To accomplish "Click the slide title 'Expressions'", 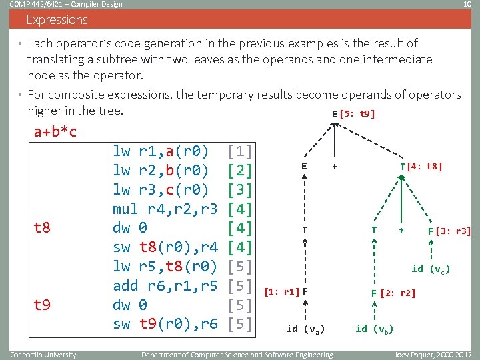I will pyautogui.click(x=57, y=20).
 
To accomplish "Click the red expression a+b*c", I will pyautogui.click(x=55, y=131).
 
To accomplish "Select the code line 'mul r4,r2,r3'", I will pyautogui.click(x=165, y=209).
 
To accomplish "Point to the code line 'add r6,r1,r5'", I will pyautogui.click(x=165, y=285).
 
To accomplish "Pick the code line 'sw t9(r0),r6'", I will pyautogui.click(x=165, y=324).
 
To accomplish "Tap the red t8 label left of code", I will pyautogui.click(x=41, y=228).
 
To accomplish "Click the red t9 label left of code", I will pyautogui.click(x=41, y=305).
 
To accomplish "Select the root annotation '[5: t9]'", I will pyautogui.click(x=357, y=113).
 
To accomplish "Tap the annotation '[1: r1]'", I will pyautogui.click(x=281, y=291).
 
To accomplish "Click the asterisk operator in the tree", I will pyautogui.click(x=401, y=231).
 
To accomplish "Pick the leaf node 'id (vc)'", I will pyautogui.click(x=430, y=269).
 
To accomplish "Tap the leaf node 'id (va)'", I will pyautogui.click(x=305, y=328).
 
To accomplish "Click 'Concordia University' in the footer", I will pyautogui.click(x=43, y=354).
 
